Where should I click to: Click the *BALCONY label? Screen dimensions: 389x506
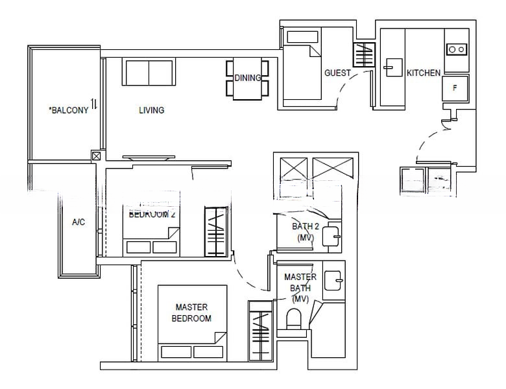tap(69, 110)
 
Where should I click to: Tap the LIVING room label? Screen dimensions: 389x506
tap(151, 110)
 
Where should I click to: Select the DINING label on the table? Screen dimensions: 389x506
tap(247, 78)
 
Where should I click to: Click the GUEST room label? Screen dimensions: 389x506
tap(337, 73)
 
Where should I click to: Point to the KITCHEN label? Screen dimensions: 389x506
tap(424, 73)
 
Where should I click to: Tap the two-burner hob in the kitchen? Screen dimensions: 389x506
tap(456, 49)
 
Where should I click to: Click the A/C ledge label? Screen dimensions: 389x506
tap(78, 222)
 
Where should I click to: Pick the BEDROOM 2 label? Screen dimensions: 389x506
tap(152, 213)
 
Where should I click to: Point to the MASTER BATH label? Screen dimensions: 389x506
tap(300, 287)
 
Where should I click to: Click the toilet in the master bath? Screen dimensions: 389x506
tap(294, 320)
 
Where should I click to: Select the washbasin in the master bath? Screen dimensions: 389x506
tap(334, 279)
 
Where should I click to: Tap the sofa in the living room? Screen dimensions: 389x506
tap(149, 71)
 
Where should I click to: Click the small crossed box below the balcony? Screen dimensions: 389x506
tap(96, 156)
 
